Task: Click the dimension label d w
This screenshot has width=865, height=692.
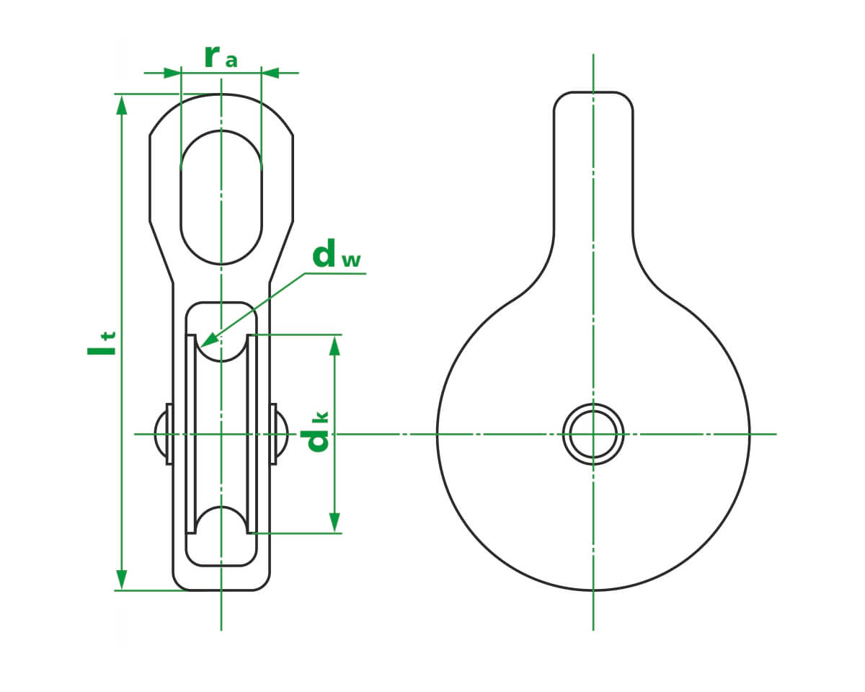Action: (335, 256)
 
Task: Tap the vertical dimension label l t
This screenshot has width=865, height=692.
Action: (101, 343)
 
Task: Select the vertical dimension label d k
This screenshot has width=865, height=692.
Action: (318, 432)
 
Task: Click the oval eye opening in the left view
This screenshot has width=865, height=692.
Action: (221, 198)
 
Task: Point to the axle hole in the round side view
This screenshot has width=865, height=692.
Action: (593, 434)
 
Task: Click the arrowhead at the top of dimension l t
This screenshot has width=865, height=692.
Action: (122, 105)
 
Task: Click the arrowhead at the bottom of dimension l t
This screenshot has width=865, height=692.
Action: (122, 580)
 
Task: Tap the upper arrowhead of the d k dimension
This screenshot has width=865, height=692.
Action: (334, 345)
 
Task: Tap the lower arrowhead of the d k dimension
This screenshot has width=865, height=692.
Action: (334, 522)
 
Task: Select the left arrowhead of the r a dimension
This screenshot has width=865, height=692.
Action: (172, 73)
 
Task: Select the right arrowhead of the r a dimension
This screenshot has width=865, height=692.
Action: (270, 73)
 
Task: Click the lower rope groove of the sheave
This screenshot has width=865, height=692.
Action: (221, 520)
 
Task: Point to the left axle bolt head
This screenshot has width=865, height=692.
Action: (161, 434)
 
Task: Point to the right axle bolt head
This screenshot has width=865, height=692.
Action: (282, 434)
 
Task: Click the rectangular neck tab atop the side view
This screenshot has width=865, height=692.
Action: (593, 159)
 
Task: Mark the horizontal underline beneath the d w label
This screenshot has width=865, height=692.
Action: (335, 274)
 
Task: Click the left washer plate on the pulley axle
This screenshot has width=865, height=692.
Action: (169, 434)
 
